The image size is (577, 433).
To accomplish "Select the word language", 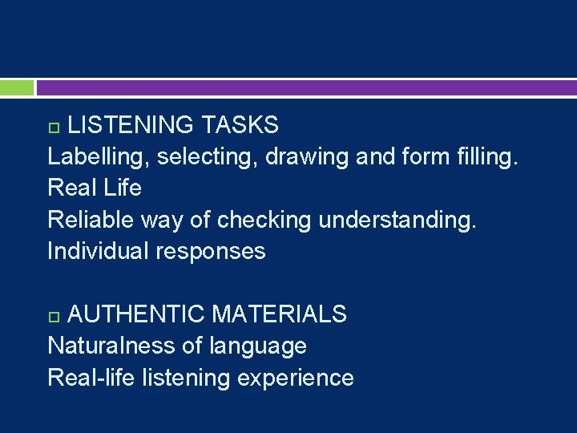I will click(x=257, y=346).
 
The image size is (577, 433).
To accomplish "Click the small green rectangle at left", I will click(x=17, y=87).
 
